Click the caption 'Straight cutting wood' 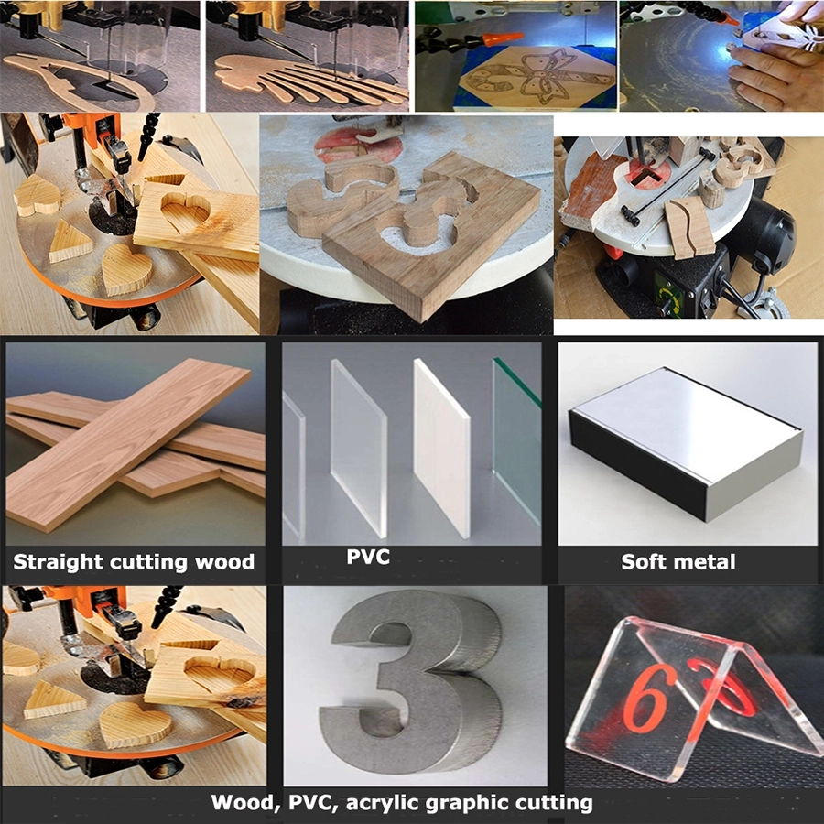pos(134,561)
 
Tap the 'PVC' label pos(368,557)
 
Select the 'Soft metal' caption pos(678,561)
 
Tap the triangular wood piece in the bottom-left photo pos(52,700)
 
